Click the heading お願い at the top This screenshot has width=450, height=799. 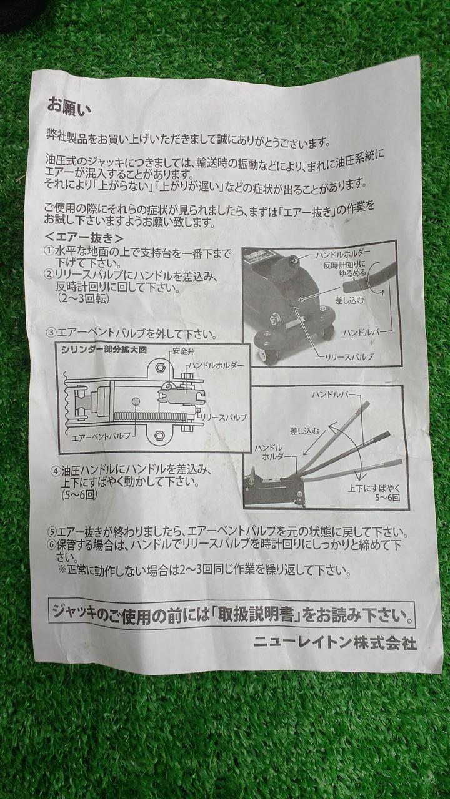click(x=69, y=106)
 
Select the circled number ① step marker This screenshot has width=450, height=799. click(x=49, y=252)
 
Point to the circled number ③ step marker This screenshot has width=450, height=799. click(x=52, y=333)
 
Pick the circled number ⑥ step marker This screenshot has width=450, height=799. click(x=53, y=546)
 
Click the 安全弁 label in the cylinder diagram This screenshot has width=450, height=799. click(x=183, y=351)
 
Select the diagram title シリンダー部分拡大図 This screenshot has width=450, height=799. click(x=104, y=349)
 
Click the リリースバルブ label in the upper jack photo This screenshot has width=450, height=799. click(x=347, y=356)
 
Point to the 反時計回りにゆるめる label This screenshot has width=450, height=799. click(x=345, y=269)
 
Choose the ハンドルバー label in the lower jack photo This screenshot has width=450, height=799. click(x=333, y=395)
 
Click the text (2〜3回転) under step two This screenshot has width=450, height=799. click(x=84, y=299)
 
